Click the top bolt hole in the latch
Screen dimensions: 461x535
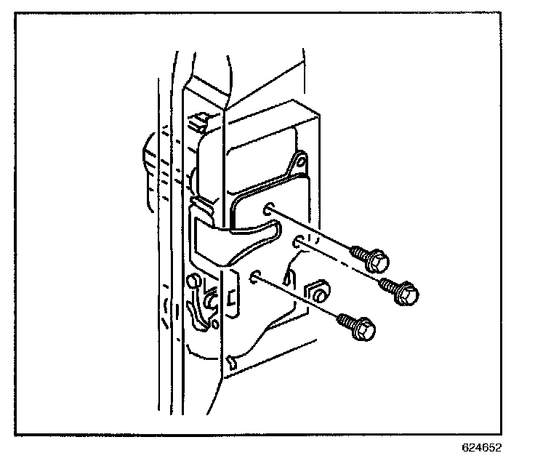270,209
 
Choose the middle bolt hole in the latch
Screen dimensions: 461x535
299,240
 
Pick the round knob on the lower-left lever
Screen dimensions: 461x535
193,281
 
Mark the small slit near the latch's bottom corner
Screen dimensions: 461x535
232,360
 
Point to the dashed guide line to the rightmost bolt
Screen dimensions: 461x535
342,262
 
